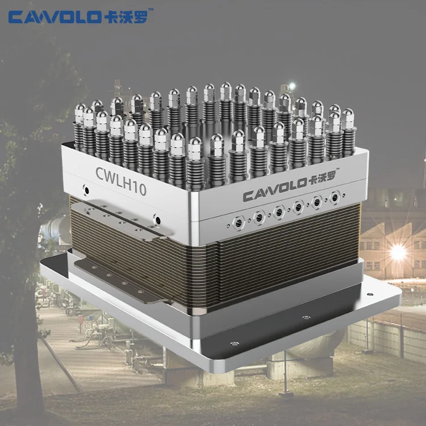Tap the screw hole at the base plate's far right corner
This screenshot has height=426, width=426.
point(370,295)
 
